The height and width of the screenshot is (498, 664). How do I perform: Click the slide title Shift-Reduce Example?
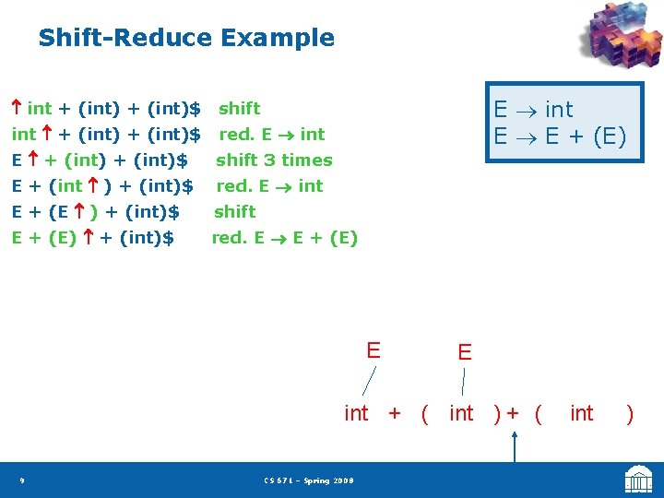(x=185, y=38)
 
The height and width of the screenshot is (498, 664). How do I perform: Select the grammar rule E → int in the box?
(x=533, y=109)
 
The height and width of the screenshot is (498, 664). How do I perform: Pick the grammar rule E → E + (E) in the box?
(x=560, y=136)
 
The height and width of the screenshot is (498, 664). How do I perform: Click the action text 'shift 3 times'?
(x=274, y=160)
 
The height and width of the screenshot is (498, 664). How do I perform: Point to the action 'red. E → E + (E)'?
(x=284, y=238)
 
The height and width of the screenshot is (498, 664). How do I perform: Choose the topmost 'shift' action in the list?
(x=239, y=109)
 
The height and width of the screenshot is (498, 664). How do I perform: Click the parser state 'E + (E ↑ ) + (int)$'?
(x=95, y=212)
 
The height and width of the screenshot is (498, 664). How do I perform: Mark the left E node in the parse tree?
(x=373, y=350)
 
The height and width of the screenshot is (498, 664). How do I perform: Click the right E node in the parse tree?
(x=464, y=352)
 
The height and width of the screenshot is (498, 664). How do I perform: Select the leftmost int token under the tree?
(x=356, y=413)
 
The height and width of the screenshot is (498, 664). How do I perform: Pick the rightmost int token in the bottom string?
(x=581, y=413)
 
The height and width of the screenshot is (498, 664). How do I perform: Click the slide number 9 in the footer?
(x=21, y=480)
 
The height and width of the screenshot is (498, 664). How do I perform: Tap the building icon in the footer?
(x=638, y=480)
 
